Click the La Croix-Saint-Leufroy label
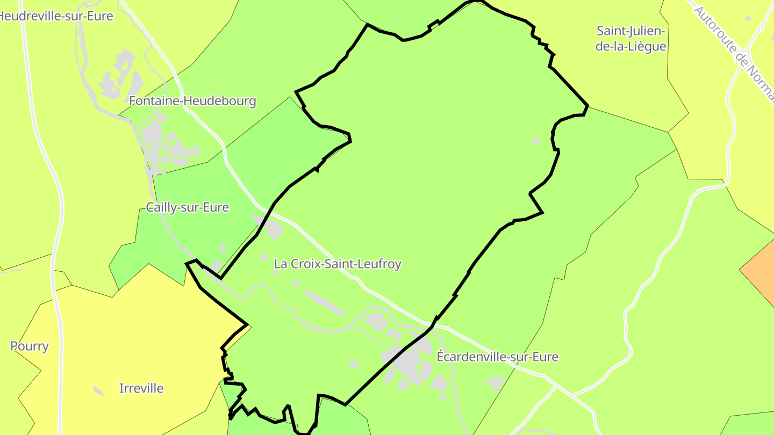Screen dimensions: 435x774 tap(338, 264)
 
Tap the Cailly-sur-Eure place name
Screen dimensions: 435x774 tap(188, 207)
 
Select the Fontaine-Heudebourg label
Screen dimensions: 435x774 tap(192, 101)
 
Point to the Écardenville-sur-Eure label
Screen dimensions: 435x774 tap(497, 357)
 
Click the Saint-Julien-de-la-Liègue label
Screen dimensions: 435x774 tap(631, 39)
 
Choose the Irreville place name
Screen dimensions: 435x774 tap(141, 388)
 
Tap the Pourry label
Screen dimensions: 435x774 tap(30, 346)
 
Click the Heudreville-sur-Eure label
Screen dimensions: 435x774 tap(56, 16)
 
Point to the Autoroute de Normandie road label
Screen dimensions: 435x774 tap(733, 51)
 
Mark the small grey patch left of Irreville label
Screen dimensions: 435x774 tap(98, 390)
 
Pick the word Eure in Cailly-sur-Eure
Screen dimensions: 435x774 tap(217, 207)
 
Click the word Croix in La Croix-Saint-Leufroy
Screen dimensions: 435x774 tap(305, 264)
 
